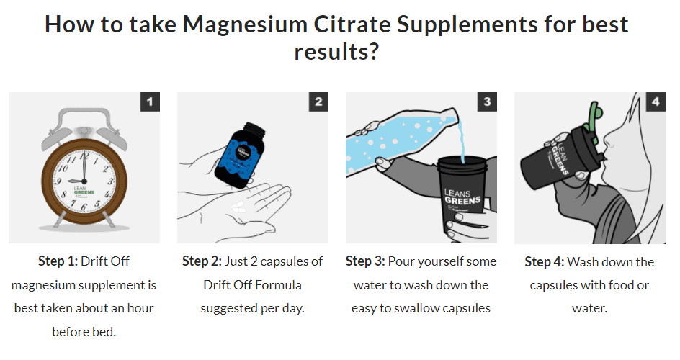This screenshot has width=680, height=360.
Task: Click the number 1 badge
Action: click(150, 102)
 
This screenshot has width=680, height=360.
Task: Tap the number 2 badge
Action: click(318, 102)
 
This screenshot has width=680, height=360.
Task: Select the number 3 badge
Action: click(487, 102)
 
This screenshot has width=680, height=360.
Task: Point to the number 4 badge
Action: click(656, 102)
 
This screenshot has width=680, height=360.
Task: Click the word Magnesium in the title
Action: click(245, 24)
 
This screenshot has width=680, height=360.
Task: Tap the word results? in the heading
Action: click(336, 52)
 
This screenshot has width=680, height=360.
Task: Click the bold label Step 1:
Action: click(58, 261)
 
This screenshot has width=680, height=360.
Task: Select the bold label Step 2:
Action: click(202, 261)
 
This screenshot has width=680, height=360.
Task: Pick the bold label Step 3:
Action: click(365, 261)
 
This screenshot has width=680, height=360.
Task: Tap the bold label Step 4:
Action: click(545, 261)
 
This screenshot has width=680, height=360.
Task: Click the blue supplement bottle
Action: click(241, 156)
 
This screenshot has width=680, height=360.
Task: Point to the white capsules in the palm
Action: click(238, 207)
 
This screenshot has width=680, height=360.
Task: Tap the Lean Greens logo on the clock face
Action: click(84, 192)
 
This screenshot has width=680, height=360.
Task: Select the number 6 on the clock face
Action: click(84, 207)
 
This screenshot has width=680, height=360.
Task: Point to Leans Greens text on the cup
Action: click(462, 198)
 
